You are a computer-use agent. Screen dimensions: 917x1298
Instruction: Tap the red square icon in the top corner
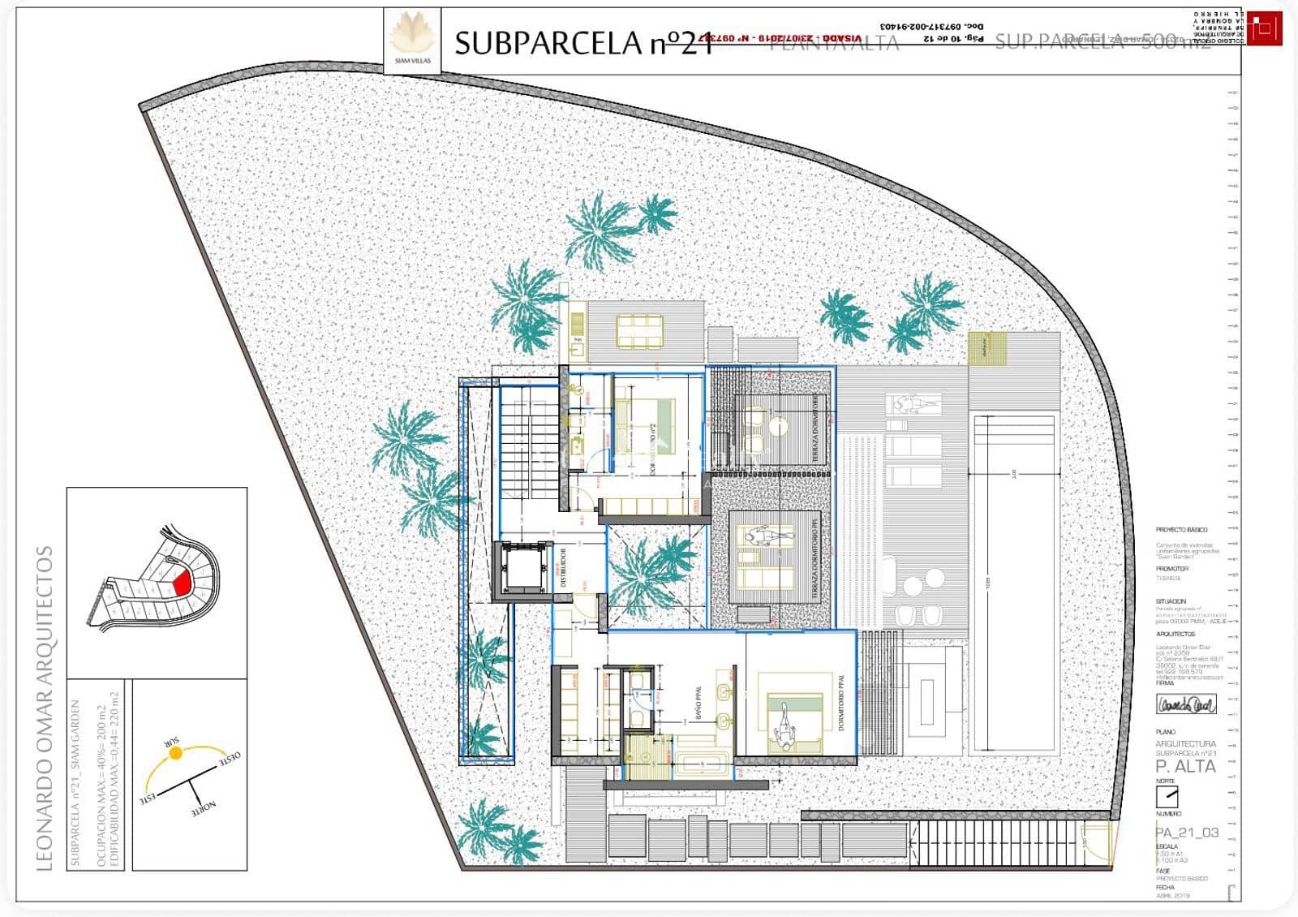[x=1264, y=30]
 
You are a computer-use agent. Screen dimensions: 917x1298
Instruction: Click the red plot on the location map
[x=181, y=582]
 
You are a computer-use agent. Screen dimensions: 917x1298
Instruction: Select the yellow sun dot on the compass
[x=174, y=753]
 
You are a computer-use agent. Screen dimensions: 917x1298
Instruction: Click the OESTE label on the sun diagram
[x=227, y=760]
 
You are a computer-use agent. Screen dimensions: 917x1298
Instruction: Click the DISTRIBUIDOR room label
[x=563, y=568]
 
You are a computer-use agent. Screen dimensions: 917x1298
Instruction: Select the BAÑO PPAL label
[x=696, y=707]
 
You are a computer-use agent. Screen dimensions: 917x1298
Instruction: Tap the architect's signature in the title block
[x=1185, y=704]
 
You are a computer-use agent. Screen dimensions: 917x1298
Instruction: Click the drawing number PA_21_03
[x=1187, y=833]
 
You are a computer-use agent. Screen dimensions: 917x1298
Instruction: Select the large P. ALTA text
[x=1185, y=766]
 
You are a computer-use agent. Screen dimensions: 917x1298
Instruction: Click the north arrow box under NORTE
[x=1167, y=795]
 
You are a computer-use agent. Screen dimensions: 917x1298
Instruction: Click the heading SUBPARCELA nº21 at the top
[x=582, y=43]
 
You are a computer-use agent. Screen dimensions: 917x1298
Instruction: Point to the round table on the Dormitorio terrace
[x=780, y=424]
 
